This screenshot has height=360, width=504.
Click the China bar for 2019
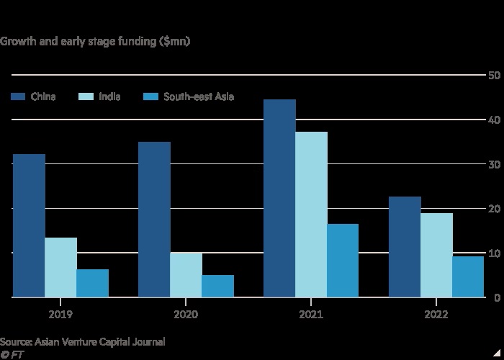pos(30,225)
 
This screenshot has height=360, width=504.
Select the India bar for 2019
pos(61,267)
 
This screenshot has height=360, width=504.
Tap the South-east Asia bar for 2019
pos(93,283)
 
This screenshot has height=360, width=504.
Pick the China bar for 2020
pos(155,220)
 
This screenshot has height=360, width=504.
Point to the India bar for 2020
pos(186,275)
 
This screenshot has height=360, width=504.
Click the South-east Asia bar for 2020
pos(218,286)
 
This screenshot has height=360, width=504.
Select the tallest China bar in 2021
pos(280,198)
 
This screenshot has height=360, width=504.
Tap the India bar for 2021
pos(312,215)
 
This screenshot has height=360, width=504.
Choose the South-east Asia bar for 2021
pos(343,261)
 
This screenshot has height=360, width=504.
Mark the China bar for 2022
pos(405,247)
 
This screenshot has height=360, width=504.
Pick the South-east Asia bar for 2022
pos(468,276)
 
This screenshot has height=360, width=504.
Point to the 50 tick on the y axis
pos(495,76)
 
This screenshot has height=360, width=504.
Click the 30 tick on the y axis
pos(495,164)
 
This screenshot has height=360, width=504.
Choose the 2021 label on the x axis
pos(311,315)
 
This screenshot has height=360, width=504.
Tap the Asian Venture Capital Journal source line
pos(83,342)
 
